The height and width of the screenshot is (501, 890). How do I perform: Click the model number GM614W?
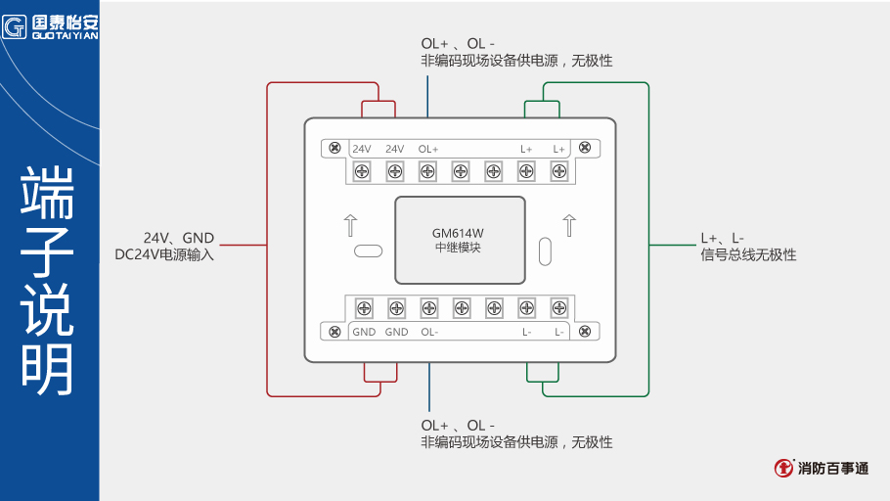[x=458, y=233]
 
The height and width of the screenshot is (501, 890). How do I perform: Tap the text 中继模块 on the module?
[x=458, y=248]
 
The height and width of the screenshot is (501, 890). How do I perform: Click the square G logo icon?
[x=15, y=25]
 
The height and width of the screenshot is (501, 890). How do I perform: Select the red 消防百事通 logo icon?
[x=783, y=468]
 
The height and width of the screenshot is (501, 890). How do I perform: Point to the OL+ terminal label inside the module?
[x=428, y=149]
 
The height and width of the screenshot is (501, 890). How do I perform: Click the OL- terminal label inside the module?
[x=429, y=332]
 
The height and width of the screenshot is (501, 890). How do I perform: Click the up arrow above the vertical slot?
[x=568, y=224]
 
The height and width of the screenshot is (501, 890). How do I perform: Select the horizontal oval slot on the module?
[x=368, y=250]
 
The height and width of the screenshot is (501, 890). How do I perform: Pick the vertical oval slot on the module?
[x=546, y=251]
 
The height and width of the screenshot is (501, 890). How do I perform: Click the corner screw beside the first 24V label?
[x=334, y=148]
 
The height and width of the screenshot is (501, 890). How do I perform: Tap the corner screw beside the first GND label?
[x=334, y=331]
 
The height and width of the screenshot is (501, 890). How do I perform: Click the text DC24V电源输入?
[x=164, y=254]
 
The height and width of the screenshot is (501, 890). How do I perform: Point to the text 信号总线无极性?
[x=748, y=254]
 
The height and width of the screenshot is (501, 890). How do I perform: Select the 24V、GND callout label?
[x=178, y=238]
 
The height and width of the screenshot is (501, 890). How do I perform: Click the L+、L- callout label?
[x=722, y=238]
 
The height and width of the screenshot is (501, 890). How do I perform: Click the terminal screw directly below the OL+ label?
[x=427, y=172]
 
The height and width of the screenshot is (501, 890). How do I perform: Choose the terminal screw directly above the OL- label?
[x=428, y=308]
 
